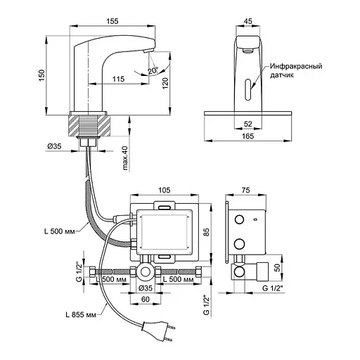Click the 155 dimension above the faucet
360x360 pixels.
tap(112, 21)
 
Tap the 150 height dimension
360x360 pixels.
tap(41, 75)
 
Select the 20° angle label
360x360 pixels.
tap(153, 70)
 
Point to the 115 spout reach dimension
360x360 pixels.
tap(118, 79)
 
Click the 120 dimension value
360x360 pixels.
tap(165, 83)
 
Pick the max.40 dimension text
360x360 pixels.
tap(125, 157)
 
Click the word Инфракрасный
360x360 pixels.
tap(296, 66)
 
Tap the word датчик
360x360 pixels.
tap(281, 75)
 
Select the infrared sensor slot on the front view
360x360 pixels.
tap(248, 90)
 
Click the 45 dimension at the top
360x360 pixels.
tap(248, 21)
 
